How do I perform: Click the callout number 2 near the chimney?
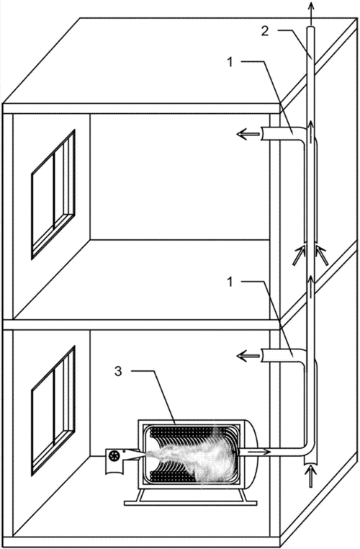(x=265, y=31)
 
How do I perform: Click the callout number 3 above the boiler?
(x=118, y=371)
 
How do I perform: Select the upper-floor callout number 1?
(x=230, y=62)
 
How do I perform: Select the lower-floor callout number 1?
(x=230, y=282)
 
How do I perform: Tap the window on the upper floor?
(x=53, y=195)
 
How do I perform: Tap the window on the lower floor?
(x=53, y=411)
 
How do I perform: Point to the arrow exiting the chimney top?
(x=311, y=12)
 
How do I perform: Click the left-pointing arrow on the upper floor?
(x=248, y=134)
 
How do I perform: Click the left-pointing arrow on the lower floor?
(x=248, y=357)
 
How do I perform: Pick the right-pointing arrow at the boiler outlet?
(x=253, y=452)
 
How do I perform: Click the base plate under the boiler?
(x=191, y=503)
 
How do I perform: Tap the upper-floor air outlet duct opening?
(x=263, y=134)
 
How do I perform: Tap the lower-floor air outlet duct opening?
(x=263, y=357)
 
